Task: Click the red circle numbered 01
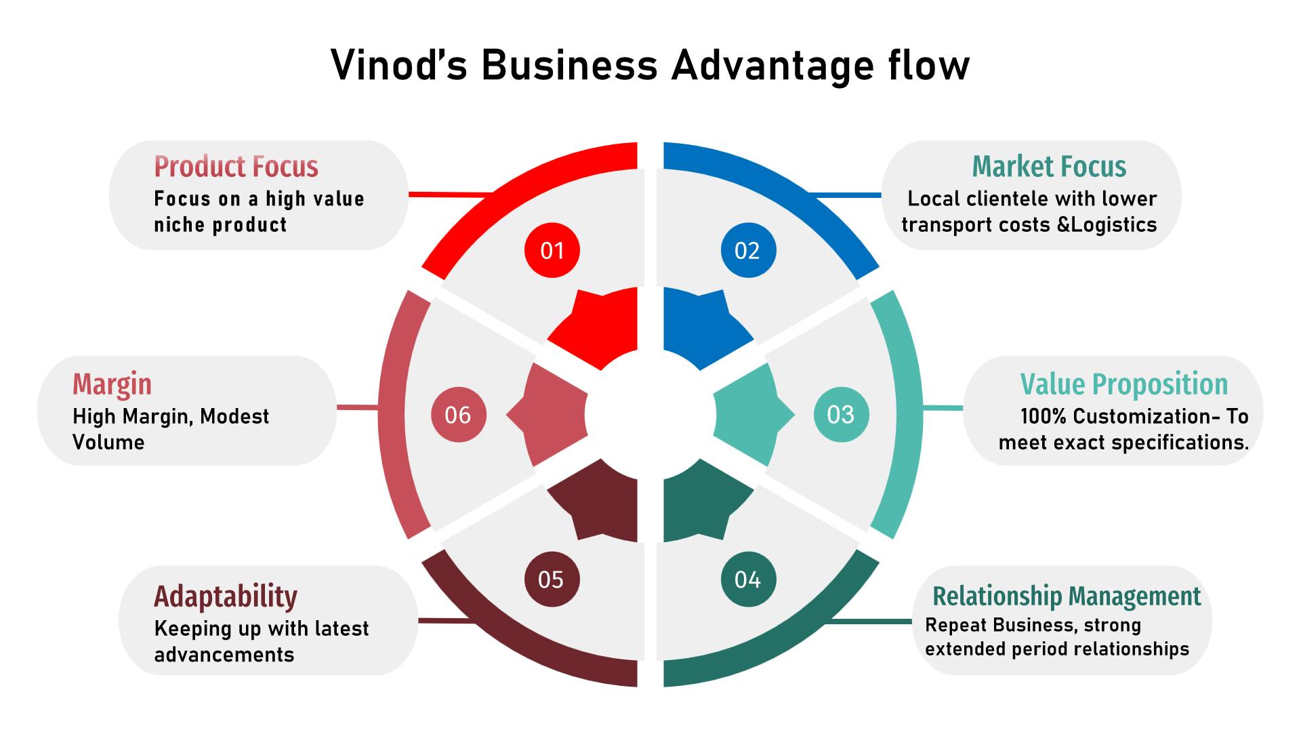coord(552,250)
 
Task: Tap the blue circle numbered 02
coord(748,250)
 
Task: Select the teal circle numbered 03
coord(841,414)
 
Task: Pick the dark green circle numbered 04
coord(748,579)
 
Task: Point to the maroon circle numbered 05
coord(552,579)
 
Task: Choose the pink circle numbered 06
coord(459,414)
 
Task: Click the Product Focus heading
coord(236,167)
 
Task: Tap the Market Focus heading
coord(1049,167)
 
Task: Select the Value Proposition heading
coord(1123,384)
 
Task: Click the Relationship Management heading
coord(1067,596)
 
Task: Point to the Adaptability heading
coord(226,596)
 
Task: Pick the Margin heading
coord(112,384)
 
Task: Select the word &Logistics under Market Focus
coord(1107,225)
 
